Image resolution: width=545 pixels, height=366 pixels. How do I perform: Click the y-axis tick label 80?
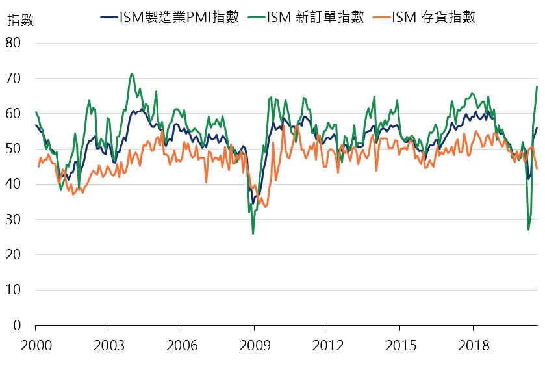point(13,44)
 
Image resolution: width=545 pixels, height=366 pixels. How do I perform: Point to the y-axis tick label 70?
point(13,79)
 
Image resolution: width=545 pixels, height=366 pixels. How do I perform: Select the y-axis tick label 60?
point(13,114)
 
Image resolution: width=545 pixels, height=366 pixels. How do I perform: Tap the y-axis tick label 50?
point(13,150)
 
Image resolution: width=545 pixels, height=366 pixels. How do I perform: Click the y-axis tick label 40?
point(13,185)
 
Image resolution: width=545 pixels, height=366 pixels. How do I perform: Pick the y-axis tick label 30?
point(13,220)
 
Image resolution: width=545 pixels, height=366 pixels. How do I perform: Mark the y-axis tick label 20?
point(13,255)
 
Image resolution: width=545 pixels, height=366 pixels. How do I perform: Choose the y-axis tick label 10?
point(13,290)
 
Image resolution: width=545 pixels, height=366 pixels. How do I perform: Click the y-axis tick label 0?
point(18,325)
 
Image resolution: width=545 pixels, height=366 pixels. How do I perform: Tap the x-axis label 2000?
point(35,345)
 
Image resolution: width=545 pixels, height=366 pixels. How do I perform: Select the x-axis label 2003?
point(108,345)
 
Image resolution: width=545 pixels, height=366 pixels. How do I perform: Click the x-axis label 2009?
point(254,345)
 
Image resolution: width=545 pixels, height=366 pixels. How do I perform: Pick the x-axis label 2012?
point(327,345)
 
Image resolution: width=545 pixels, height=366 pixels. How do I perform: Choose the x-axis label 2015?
point(400,345)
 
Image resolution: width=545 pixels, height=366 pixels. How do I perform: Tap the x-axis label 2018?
point(473,345)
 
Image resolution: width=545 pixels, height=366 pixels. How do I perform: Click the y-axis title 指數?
point(20,20)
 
